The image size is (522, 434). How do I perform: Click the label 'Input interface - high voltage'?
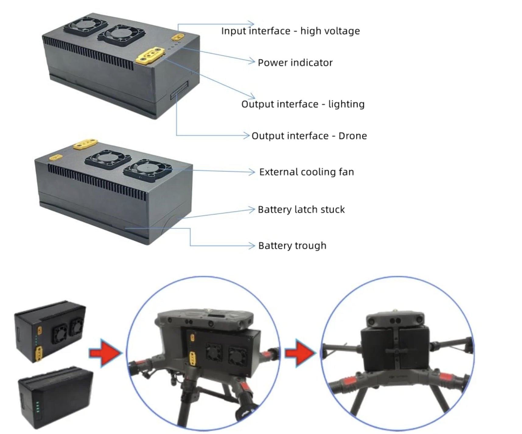point(290,31)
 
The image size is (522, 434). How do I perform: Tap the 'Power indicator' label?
point(295,63)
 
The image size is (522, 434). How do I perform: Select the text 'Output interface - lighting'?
point(303,104)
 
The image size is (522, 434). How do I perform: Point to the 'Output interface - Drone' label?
point(309,136)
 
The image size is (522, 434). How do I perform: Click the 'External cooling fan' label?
point(307,172)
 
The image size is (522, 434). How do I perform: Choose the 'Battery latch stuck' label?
point(301,210)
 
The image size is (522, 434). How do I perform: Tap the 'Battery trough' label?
point(292,246)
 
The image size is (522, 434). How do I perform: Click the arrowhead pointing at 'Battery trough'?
point(251,246)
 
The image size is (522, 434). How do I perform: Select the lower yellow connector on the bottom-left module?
point(39,355)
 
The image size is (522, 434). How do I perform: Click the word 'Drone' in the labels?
point(352,136)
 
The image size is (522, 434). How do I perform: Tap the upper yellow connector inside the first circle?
point(192,338)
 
